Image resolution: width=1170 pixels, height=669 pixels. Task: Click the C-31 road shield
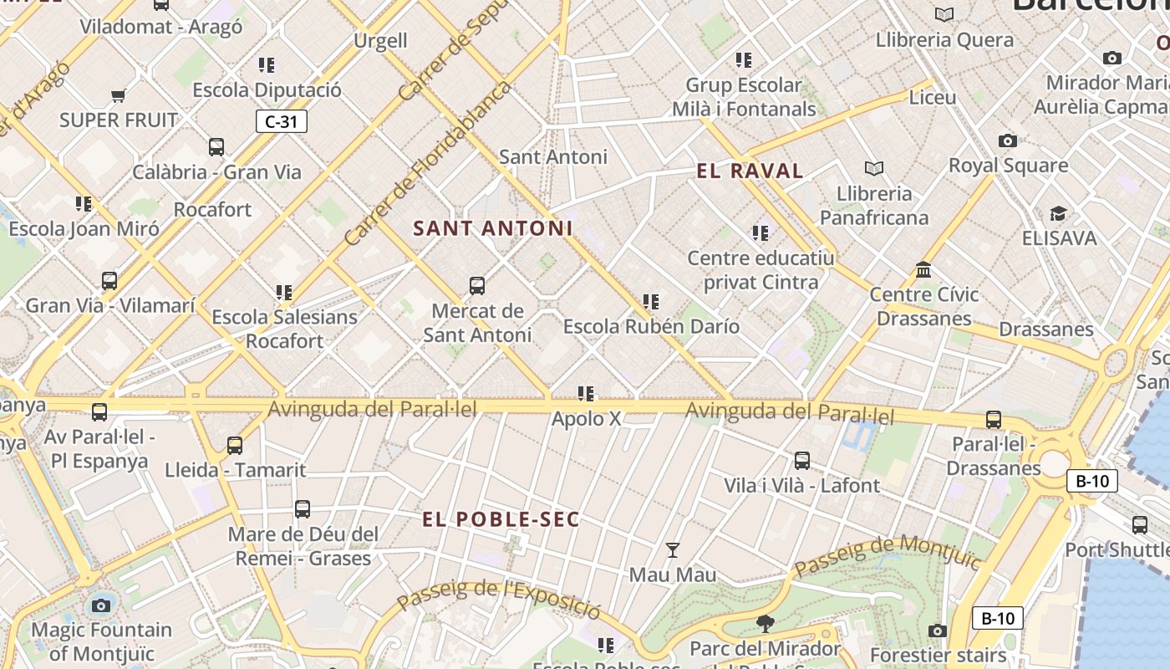click(282, 122)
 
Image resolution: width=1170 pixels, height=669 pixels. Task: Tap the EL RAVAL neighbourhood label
click(750, 171)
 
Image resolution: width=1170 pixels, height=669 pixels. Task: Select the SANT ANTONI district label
click(493, 228)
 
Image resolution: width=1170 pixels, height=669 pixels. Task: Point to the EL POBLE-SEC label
click(501, 519)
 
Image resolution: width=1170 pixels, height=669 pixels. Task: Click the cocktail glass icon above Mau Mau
click(673, 549)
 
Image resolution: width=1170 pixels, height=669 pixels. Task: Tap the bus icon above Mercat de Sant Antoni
click(477, 286)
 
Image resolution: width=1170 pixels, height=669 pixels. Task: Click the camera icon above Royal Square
click(1008, 140)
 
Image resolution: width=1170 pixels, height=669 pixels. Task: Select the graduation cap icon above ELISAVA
click(1059, 213)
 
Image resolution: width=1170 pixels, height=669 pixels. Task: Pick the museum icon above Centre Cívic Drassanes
click(923, 270)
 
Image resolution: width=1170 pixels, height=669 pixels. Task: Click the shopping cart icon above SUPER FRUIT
click(119, 96)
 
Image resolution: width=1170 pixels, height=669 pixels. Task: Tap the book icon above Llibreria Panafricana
click(874, 169)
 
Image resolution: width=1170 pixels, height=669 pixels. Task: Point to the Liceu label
click(932, 98)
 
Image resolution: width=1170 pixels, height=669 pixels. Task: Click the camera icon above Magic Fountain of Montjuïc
click(101, 605)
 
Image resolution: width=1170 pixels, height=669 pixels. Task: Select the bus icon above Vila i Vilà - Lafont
click(802, 460)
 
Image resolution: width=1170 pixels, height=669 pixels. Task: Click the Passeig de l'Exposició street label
click(498, 598)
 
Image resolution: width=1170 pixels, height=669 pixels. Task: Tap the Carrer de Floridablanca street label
click(427, 164)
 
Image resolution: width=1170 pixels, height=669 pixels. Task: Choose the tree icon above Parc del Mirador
click(765, 623)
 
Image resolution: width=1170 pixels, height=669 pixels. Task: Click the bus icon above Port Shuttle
click(1140, 525)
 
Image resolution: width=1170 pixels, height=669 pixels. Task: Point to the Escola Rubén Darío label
click(651, 326)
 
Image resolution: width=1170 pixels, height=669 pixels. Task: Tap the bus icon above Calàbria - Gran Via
click(216, 147)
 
